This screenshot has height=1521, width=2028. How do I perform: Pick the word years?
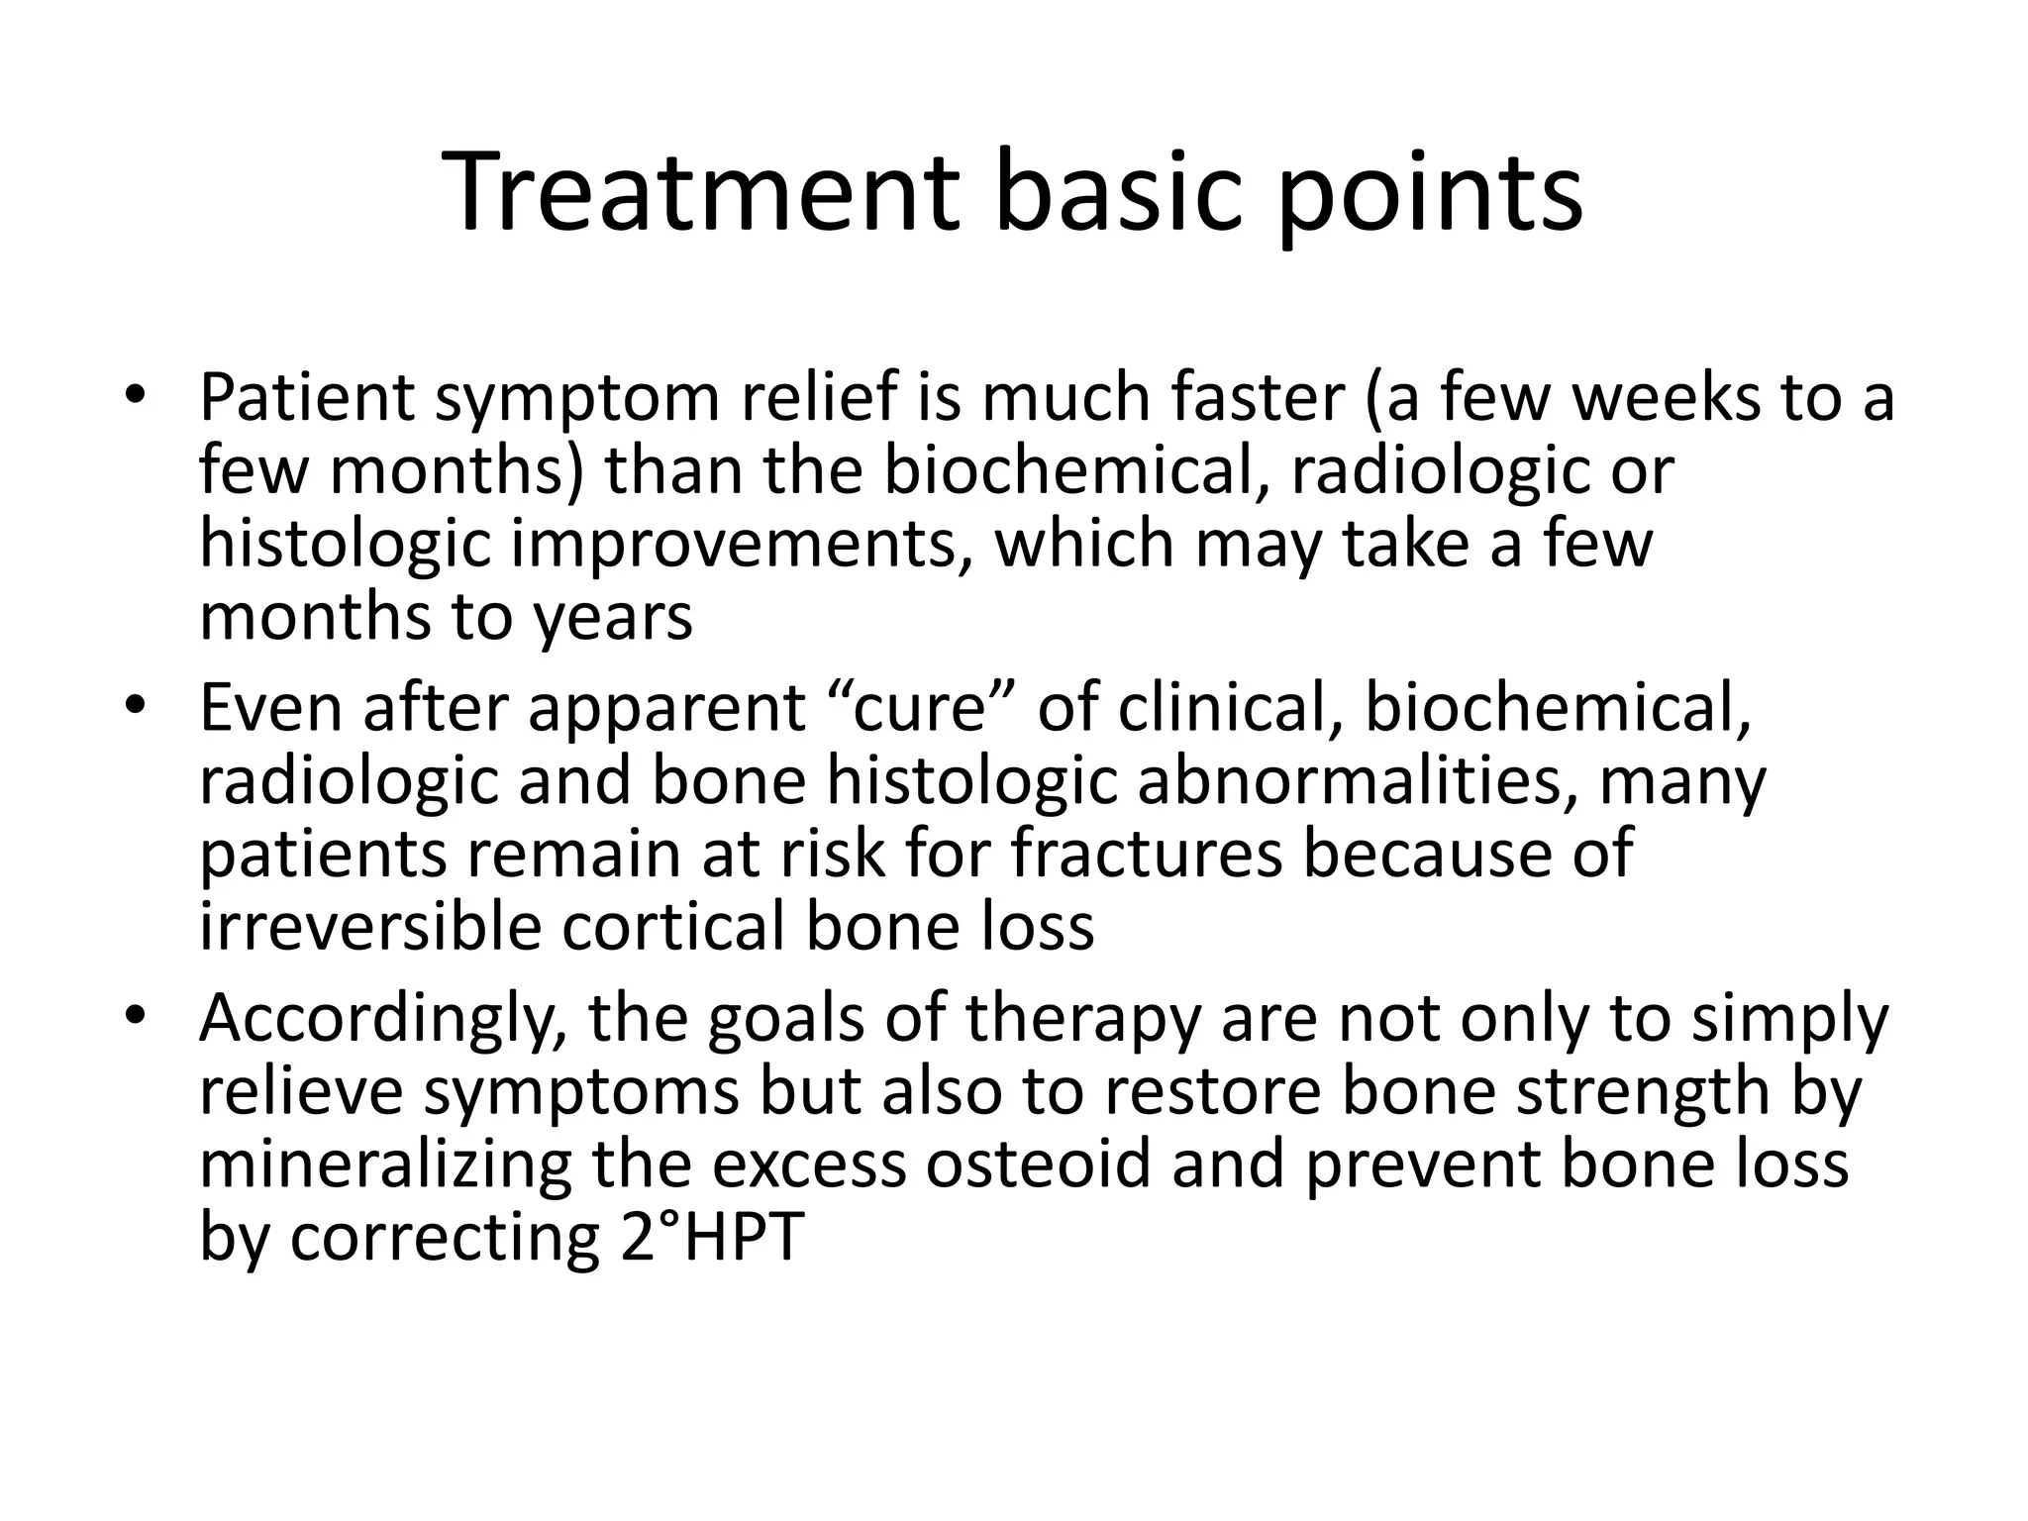point(613,618)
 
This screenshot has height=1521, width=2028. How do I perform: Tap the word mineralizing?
point(385,1166)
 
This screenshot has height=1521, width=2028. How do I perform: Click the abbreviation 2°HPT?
point(710,1238)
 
